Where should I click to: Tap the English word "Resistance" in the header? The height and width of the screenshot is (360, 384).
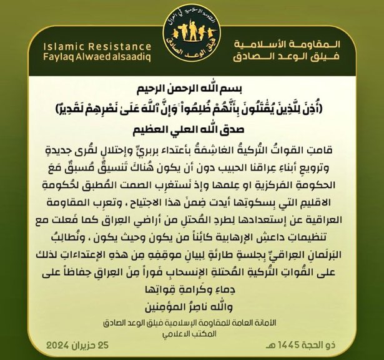[x=122, y=47]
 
